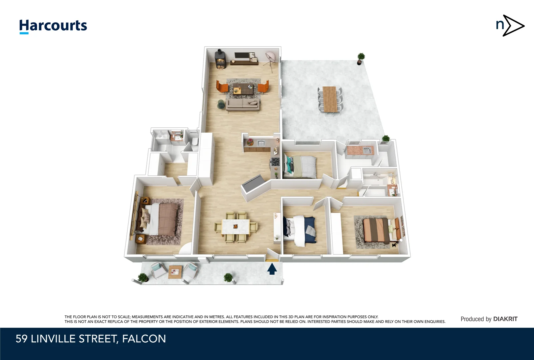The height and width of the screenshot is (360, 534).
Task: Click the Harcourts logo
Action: pos(53,26)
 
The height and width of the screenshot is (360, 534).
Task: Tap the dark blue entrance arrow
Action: pos(272,269)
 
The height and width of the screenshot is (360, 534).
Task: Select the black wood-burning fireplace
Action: pos(220,59)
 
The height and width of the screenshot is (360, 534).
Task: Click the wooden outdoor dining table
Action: pos(330,99)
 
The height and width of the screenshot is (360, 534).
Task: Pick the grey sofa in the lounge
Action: pos(243,104)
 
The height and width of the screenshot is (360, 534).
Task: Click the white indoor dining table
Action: pos(236,227)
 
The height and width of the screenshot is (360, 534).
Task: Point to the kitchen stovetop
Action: pos(275,162)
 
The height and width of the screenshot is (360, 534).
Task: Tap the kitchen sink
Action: pos(261,143)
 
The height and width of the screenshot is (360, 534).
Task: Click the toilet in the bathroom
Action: pos(195,142)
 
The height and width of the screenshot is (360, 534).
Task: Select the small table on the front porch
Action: pos(175,272)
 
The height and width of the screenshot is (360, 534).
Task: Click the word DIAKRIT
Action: pos(505,319)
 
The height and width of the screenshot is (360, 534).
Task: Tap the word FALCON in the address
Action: pos(144,339)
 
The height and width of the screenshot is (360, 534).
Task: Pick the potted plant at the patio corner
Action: pos(361,59)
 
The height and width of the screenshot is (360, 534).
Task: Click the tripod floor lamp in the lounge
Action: pos(271,61)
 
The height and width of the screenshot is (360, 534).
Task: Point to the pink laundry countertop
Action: pos(360,150)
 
